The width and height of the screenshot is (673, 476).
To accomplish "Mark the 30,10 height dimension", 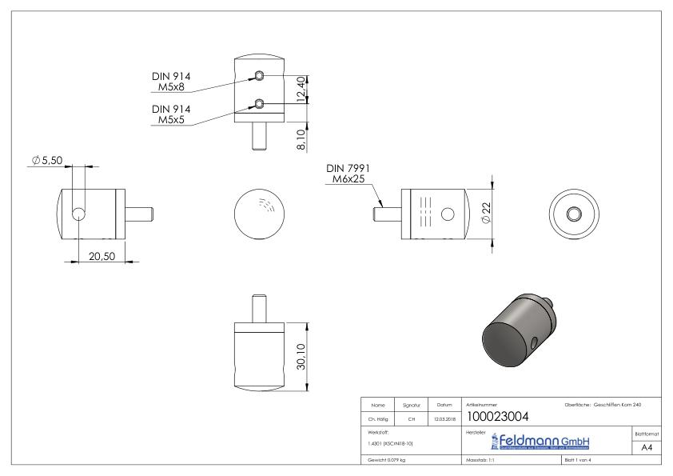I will (300, 357).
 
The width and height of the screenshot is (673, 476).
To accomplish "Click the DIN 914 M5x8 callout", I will (171, 82).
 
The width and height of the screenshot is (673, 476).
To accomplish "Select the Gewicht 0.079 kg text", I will (386, 461).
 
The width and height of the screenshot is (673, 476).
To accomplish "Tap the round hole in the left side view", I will (79, 214).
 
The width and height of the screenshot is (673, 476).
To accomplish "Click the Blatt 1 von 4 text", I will (579, 461).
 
